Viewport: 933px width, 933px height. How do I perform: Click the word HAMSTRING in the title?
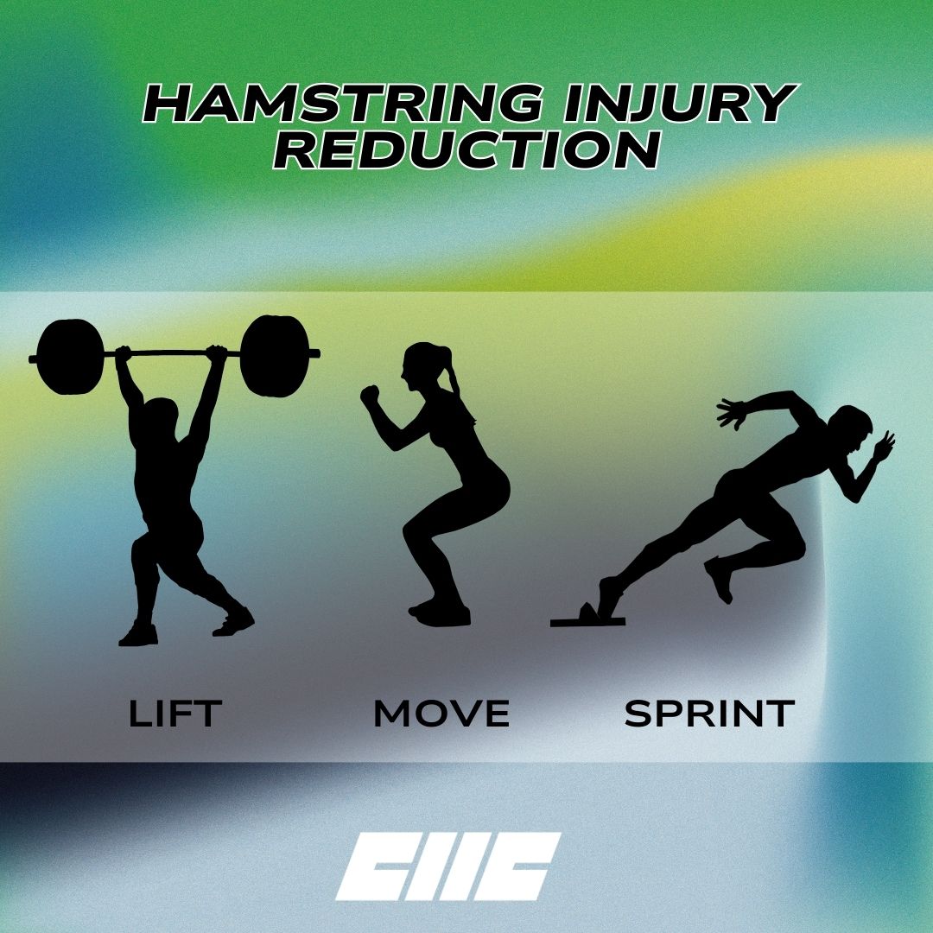[x=343, y=104]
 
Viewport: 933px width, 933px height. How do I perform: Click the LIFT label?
[x=175, y=713]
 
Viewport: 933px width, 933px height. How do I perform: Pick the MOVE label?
[x=441, y=713]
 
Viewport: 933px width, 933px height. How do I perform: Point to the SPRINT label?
[x=709, y=713]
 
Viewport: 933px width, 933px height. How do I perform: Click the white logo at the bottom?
[x=448, y=866]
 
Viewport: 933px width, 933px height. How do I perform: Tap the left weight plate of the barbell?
[x=70, y=357]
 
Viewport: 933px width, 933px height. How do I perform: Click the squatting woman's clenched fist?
[x=370, y=395]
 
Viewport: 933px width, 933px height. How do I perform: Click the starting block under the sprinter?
[x=587, y=617]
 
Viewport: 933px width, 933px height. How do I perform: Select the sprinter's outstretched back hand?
[x=732, y=413]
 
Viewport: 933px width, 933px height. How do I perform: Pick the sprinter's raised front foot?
[x=720, y=579]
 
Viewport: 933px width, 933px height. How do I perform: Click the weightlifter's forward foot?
[x=234, y=622]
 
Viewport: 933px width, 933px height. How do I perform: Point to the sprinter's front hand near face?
[x=885, y=445]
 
